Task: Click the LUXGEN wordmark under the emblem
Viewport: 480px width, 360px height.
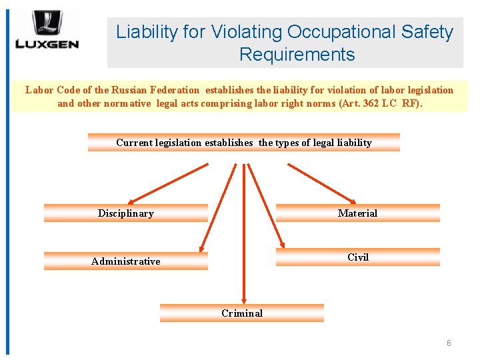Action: pos(47,45)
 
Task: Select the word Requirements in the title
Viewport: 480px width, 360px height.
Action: pos(297,55)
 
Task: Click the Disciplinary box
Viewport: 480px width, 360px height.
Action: pos(126,213)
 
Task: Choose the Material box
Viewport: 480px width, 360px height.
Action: pos(357,213)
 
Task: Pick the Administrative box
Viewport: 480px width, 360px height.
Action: pos(126,261)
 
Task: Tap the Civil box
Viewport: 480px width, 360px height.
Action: pos(357,257)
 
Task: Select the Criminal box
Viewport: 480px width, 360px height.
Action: pos(242,313)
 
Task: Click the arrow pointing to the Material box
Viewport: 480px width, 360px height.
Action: pos(322,181)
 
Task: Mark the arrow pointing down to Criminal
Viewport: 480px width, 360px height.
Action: pos(243,233)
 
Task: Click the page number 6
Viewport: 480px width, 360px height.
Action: pos(449,343)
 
